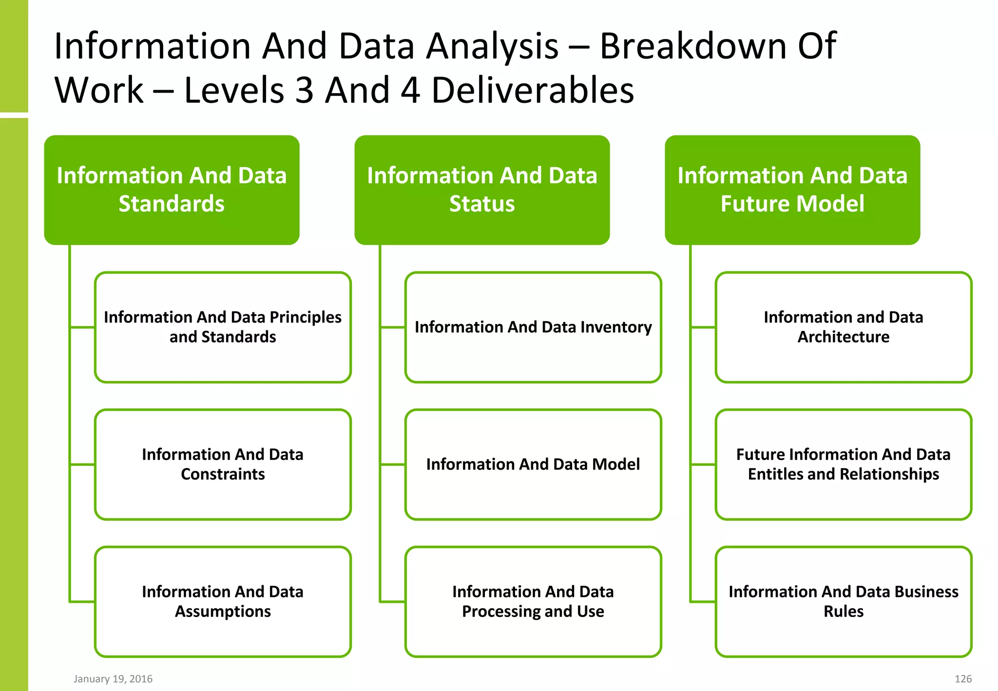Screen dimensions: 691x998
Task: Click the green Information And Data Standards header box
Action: pos(172,190)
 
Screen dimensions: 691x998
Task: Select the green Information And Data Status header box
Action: pos(482,190)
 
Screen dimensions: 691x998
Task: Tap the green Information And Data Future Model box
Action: pos(792,190)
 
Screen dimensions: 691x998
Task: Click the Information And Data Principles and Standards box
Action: pos(223,327)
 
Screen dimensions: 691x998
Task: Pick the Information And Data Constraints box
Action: pos(223,464)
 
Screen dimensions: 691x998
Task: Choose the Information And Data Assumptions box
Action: pos(223,601)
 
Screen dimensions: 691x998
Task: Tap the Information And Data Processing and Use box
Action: pos(533,601)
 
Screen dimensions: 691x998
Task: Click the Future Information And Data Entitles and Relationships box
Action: pos(844,464)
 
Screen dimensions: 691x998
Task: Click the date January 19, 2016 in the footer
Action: pos(113,679)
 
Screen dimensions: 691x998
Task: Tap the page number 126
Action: pos(963,679)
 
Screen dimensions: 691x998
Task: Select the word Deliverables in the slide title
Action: pos(533,91)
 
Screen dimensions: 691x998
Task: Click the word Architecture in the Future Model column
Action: pos(844,337)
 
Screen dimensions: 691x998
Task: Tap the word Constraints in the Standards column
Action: pos(223,474)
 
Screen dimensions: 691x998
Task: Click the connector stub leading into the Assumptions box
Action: pos(82,602)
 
